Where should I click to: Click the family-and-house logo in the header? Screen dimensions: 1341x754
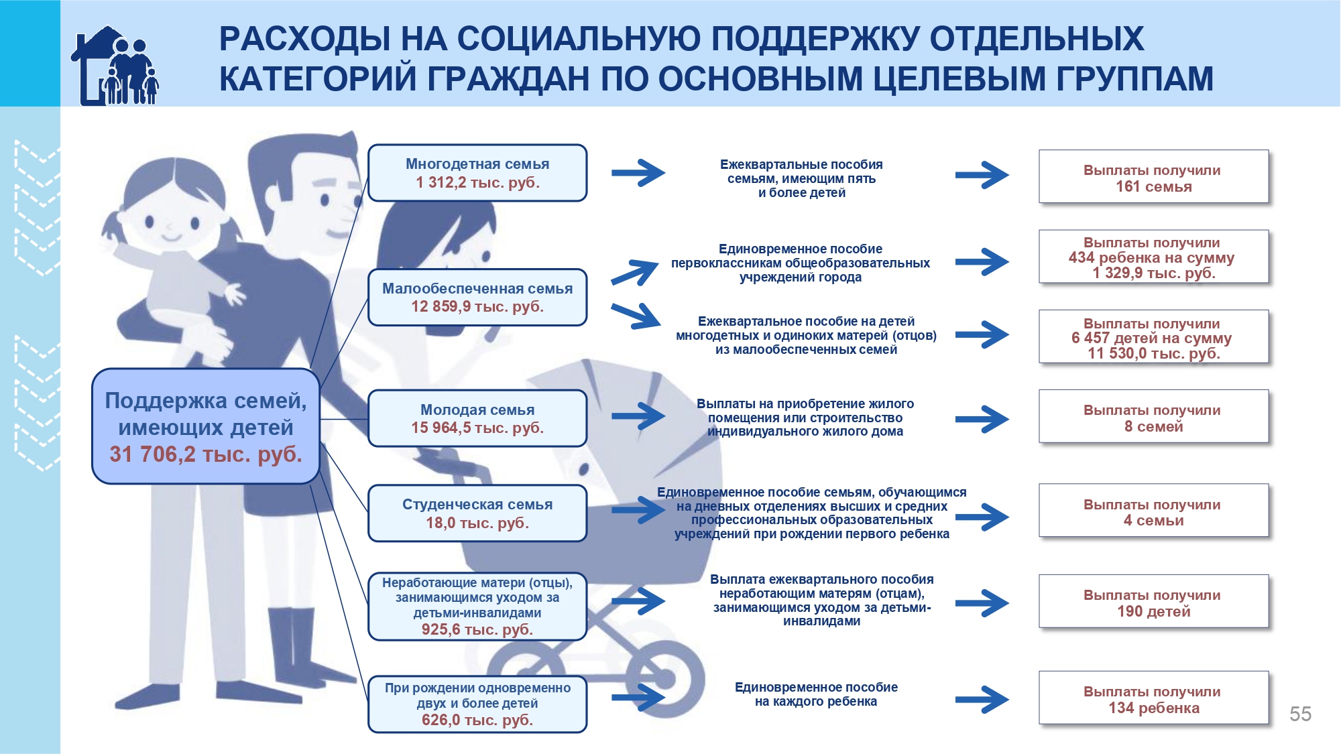tap(115, 66)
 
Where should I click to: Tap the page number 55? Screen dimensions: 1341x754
tap(1300, 714)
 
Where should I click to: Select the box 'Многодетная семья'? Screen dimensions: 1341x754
tap(477, 173)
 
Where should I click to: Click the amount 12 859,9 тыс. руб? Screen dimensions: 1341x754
tap(477, 306)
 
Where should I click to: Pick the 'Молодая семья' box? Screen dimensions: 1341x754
tap(477, 418)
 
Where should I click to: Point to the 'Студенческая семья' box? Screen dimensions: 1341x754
tap(477, 513)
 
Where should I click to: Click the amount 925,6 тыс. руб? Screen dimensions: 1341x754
tap(477, 629)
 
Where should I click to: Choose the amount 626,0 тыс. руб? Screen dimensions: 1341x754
tap(477, 720)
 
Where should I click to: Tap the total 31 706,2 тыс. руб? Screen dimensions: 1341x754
tap(206, 454)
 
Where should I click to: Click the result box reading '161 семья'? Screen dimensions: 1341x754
tap(1154, 176)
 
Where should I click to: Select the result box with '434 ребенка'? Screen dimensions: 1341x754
tap(1154, 257)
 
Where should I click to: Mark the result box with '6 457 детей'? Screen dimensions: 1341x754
tap(1154, 336)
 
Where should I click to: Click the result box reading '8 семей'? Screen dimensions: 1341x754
tap(1154, 416)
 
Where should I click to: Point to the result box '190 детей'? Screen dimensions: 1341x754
tap(1154, 601)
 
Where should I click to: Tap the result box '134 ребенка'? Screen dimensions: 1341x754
tap(1154, 698)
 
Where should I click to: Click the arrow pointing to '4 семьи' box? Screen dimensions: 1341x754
tap(982, 517)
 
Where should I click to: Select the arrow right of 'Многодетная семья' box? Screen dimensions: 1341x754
tap(638, 173)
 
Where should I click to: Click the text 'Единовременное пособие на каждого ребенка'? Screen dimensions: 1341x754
tap(816, 694)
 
